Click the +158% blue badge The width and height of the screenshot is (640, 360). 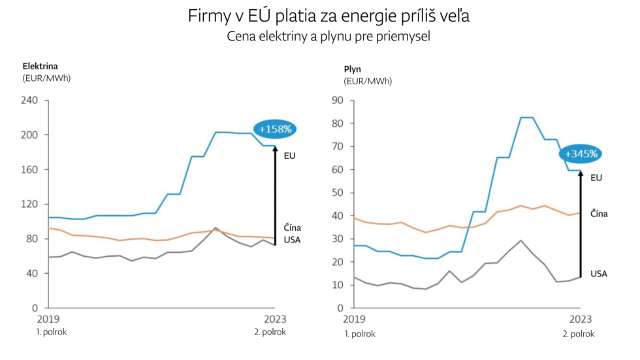(275, 129)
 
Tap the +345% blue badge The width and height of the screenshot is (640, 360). (580, 154)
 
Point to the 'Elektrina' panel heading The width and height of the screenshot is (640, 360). (40, 66)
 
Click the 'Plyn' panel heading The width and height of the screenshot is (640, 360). (353, 69)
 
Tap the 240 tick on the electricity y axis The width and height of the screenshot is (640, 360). (31, 101)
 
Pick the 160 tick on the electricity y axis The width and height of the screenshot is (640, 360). (31, 169)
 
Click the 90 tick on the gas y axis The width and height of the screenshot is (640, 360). (337, 100)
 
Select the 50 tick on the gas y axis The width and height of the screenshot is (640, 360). (337, 193)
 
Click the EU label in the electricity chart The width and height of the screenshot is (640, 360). (289, 156)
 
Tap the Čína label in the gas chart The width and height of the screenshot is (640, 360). (599, 214)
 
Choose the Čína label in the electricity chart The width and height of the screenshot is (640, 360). (292, 227)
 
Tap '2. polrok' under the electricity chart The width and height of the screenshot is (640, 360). (270, 332)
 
